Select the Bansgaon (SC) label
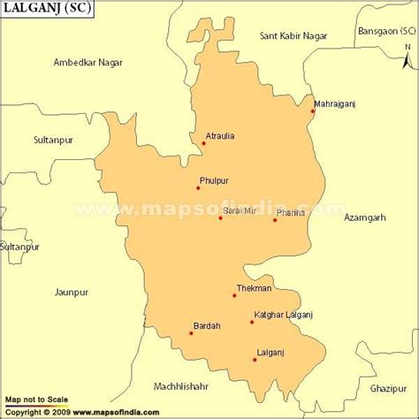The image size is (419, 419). (385, 31)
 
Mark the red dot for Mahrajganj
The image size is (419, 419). (313, 111)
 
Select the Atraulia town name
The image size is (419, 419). (220, 136)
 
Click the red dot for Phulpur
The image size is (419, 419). (198, 187)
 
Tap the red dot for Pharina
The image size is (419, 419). (275, 220)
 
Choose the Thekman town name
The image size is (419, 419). (255, 288)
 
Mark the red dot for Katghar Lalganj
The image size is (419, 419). (252, 322)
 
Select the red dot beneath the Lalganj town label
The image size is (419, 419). (255, 359)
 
